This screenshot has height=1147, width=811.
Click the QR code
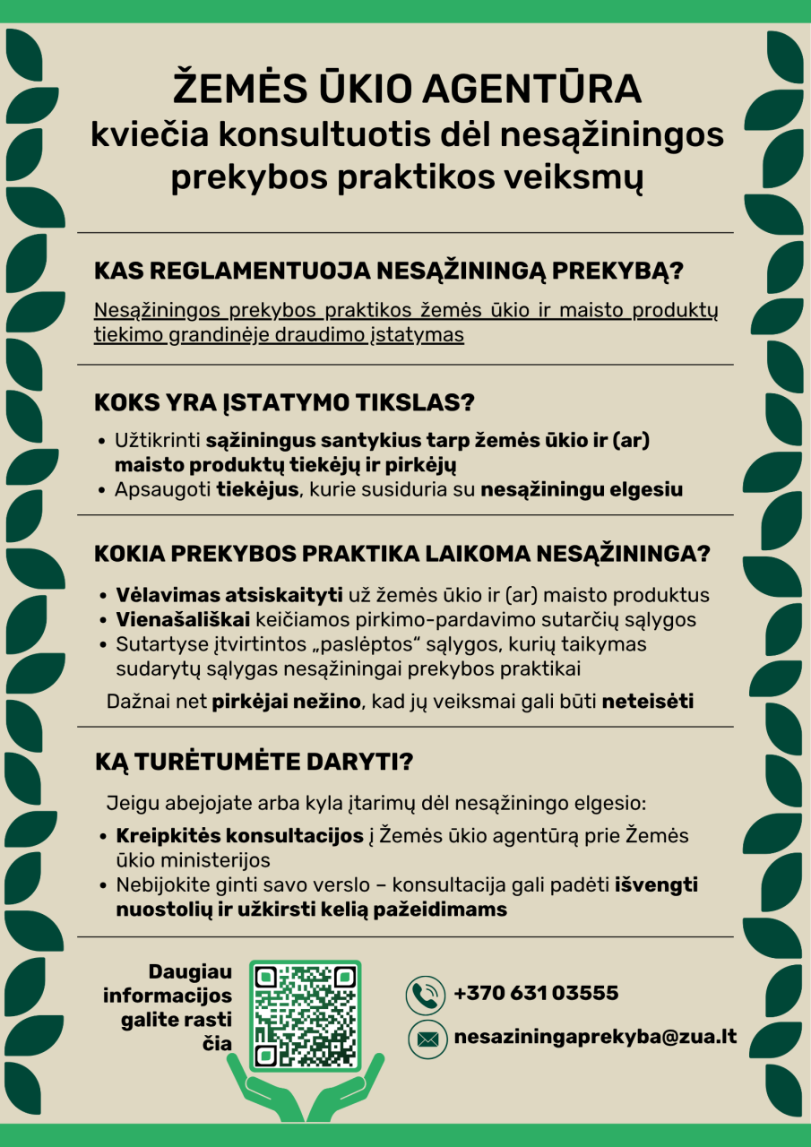[305, 1016]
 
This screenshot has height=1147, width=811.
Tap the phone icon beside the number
[427, 994]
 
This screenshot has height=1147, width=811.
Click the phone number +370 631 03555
[536, 993]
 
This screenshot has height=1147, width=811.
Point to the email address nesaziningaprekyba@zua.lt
[596, 1037]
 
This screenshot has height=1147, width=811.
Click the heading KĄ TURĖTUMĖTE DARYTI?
[254, 763]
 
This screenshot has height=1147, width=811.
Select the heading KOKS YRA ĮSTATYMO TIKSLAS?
[284, 403]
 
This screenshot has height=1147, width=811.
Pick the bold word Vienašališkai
[184, 620]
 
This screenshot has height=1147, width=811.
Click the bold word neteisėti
[648, 702]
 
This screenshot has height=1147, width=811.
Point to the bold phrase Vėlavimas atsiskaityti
[229, 596]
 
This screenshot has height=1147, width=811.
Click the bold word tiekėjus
[257, 490]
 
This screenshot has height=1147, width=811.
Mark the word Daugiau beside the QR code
[190, 972]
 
